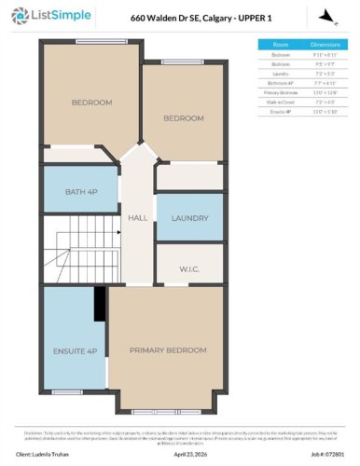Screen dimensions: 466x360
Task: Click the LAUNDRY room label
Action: click(189, 218)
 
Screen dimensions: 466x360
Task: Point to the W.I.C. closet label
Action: click(189, 271)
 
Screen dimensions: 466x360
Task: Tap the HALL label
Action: click(138, 218)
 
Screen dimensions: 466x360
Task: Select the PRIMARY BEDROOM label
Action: click(169, 349)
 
